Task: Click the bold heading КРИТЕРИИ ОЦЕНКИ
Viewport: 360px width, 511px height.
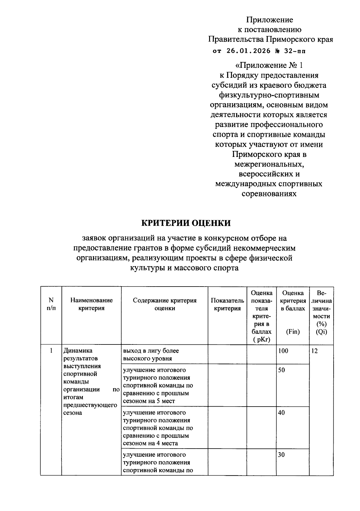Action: tap(186, 223)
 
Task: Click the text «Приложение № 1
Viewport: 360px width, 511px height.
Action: tap(269, 65)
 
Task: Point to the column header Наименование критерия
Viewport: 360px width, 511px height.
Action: tap(91, 304)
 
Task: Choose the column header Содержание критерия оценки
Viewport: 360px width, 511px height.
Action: tap(165, 304)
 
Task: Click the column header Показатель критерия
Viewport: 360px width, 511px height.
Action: tap(227, 304)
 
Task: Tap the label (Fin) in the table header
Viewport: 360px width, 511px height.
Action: tap(293, 332)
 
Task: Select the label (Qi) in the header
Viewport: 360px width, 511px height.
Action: tap(321, 332)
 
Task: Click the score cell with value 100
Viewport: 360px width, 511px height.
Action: tap(283, 351)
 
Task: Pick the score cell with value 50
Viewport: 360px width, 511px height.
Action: tap(281, 370)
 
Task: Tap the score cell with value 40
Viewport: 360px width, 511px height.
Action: tap(281, 413)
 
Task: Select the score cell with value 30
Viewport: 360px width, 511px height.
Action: tap(281, 455)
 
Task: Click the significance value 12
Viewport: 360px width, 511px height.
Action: tap(314, 351)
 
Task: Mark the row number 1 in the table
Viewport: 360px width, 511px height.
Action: tap(51, 351)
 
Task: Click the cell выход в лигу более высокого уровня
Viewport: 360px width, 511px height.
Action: tap(151, 354)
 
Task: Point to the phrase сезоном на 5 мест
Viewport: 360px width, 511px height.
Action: tap(149, 401)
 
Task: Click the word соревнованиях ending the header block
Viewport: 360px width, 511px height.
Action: tap(269, 194)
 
